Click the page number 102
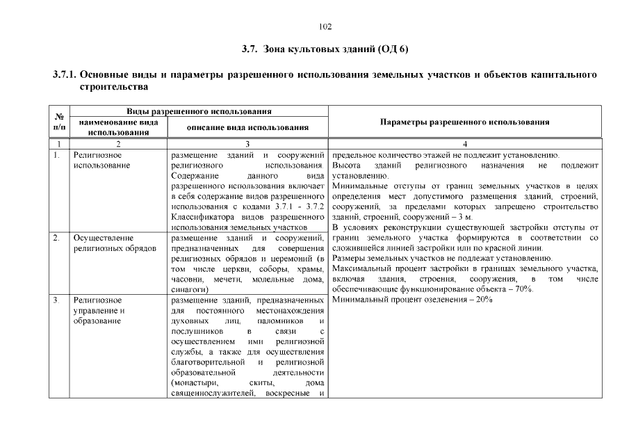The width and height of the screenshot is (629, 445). [325, 27]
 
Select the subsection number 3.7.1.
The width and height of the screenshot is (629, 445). [66, 74]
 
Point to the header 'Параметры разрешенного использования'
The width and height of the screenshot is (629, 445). [465, 122]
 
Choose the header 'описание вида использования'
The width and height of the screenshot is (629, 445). [247, 127]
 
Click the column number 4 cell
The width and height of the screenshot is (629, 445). [465, 144]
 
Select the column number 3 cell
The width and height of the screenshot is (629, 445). [247, 144]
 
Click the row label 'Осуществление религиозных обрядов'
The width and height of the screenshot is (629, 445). [115, 243]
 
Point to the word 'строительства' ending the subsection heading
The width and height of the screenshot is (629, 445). [114, 88]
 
